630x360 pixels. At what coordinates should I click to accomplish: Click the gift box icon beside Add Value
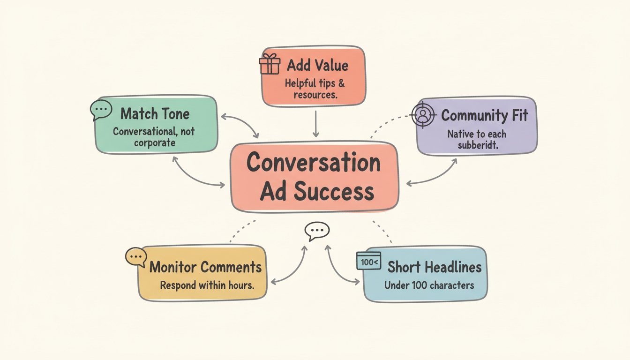270,64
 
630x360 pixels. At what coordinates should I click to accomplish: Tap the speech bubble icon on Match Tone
101,110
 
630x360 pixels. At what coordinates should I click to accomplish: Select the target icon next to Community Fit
423,115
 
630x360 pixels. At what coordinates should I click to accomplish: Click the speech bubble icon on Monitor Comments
136,257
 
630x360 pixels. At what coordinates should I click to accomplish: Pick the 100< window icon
368,261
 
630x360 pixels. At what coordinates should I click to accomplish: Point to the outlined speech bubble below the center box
317,231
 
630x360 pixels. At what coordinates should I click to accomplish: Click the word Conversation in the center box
314,162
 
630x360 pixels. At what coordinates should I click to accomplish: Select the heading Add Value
318,65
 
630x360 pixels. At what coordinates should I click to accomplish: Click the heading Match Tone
155,114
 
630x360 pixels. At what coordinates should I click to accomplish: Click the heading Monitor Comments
205,267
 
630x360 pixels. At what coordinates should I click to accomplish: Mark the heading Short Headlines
434,267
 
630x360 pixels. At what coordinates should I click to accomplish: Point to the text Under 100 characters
429,285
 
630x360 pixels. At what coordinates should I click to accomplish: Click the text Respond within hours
207,285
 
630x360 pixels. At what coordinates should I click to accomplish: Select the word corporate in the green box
154,142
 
